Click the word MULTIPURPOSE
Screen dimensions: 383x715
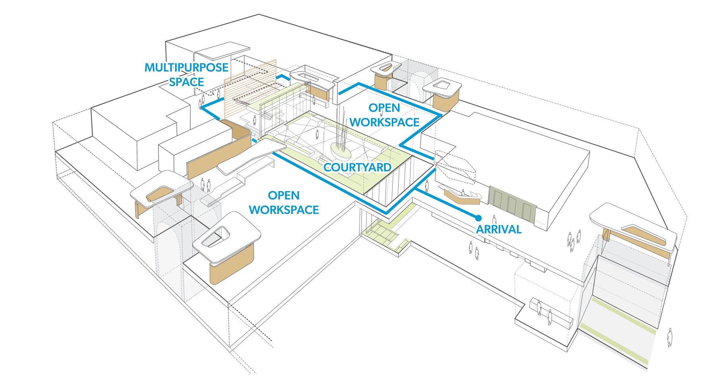[x=186, y=68]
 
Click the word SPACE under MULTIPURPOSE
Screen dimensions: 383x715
[x=186, y=82]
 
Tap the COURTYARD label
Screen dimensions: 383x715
[x=357, y=168]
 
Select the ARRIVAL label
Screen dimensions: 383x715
[x=499, y=230]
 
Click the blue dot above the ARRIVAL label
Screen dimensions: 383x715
[x=478, y=218]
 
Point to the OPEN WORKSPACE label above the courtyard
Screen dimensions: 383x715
[x=384, y=115]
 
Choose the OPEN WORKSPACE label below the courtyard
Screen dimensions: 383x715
[x=284, y=203]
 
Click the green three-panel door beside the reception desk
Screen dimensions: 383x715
[x=512, y=202]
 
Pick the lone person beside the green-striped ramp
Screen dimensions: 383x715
[x=670, y=337]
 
